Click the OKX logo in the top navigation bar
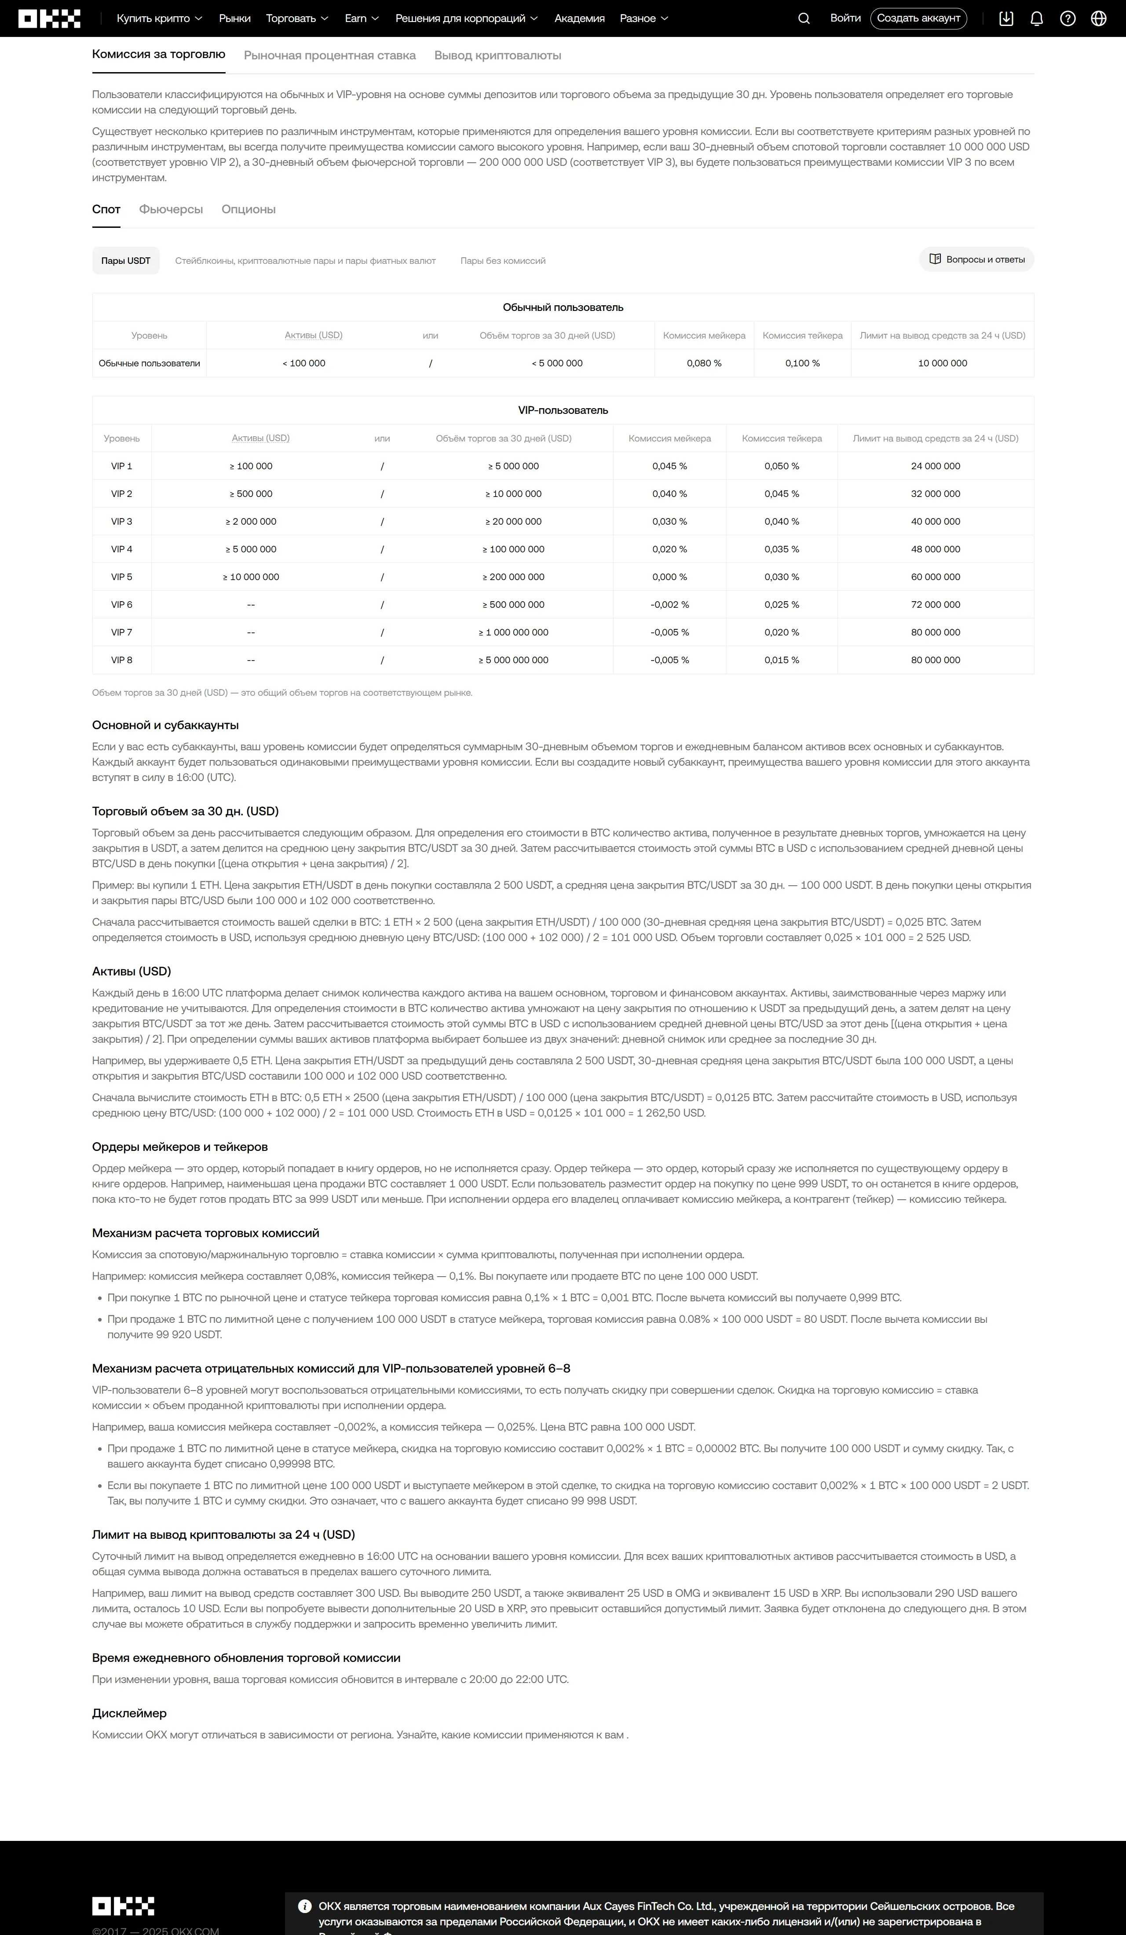[49, 18]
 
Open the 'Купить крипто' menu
[159, 18]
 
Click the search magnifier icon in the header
[804, 18]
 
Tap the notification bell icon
[1036, 18]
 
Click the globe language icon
[1098, 18]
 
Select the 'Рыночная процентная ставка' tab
[329, 55]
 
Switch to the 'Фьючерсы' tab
[171, 209]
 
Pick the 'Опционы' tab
[248, 209]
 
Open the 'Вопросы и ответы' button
[976, 259]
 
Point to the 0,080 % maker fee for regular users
[704, 363]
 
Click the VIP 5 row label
[121, 577]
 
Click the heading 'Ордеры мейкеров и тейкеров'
[180, 1146]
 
